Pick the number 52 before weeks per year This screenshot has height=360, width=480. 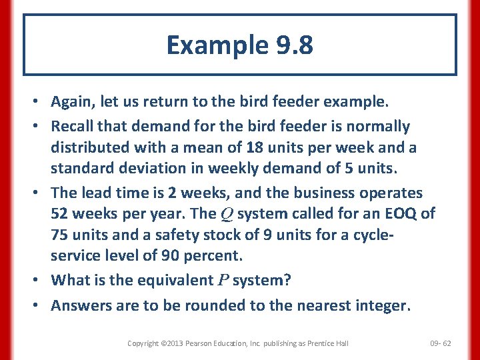61,214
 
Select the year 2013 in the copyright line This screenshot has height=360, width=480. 171,343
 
